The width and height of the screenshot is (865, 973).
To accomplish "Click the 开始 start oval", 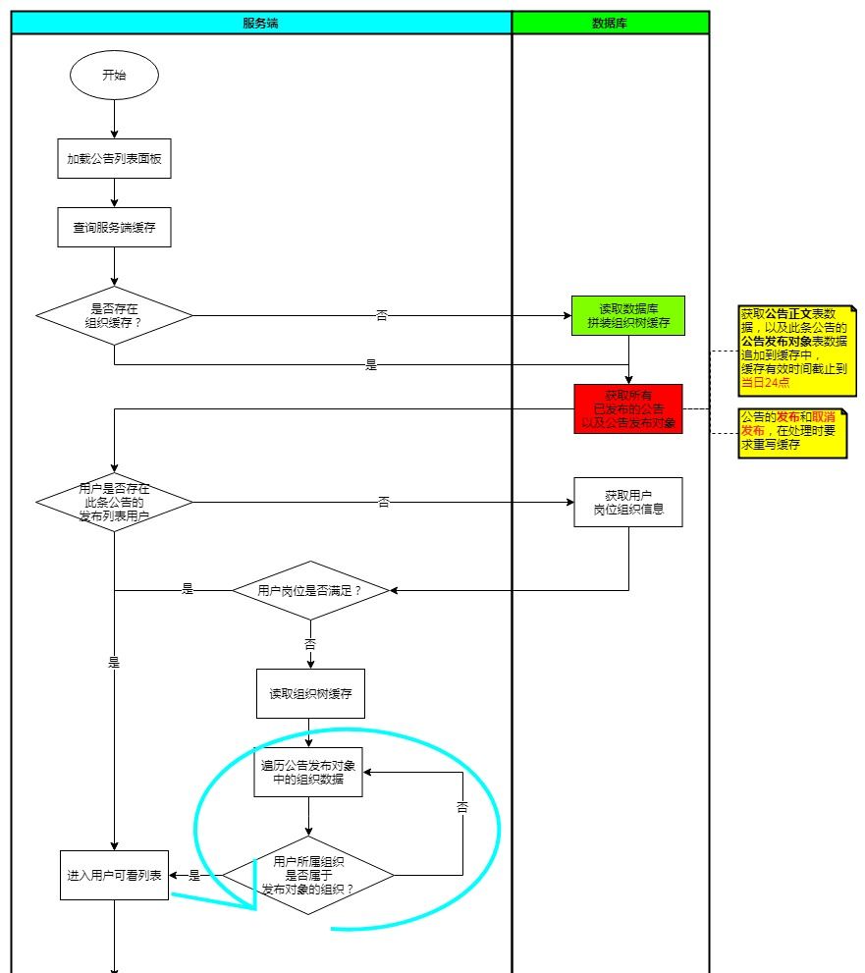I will [114, 76].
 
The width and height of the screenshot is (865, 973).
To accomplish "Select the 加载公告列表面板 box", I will [114, 159].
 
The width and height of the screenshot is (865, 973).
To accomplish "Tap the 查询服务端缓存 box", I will [114, 228].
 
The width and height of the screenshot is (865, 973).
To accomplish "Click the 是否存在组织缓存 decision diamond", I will [114, 315].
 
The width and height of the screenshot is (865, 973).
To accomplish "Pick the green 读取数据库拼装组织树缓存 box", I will [628, 316].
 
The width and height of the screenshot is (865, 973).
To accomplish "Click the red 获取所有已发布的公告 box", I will [628, 409].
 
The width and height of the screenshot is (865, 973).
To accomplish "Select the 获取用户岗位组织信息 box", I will [628, 502].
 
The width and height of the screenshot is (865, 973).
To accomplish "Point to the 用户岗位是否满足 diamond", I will [310, 590].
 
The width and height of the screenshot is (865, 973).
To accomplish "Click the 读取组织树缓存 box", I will [310, 694].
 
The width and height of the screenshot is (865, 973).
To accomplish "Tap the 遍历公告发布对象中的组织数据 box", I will [308, 773].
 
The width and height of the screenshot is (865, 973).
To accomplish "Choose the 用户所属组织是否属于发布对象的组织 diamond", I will [308, 875].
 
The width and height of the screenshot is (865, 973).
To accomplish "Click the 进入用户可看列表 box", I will [114, 875].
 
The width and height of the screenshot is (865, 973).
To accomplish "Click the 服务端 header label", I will [261, 23].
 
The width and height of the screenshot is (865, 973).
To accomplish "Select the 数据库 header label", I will [610, 23].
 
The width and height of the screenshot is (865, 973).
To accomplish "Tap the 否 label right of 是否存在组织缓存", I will [382, 316].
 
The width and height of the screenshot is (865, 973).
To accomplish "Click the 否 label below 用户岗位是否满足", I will [310, 645].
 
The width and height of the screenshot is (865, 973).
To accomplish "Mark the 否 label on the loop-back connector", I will [462, 807].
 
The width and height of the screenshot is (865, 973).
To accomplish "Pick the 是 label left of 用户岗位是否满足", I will [188, 590].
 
